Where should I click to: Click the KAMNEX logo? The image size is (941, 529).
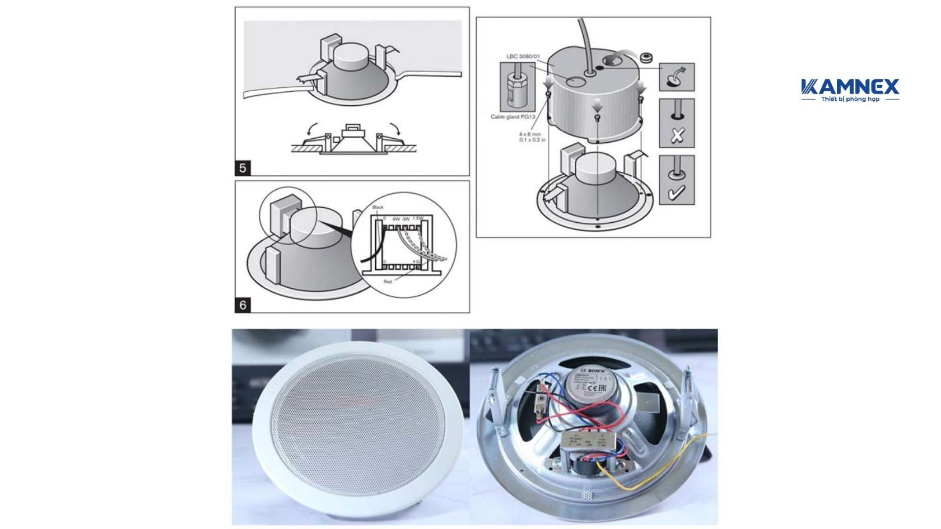point(850,90)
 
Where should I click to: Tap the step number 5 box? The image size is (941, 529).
point(243,168)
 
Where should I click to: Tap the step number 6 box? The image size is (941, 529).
point(243,305)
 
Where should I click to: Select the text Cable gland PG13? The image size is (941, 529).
point(513,116)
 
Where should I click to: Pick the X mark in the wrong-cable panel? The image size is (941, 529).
point(677,135)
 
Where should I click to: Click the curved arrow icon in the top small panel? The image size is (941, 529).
point(677,77)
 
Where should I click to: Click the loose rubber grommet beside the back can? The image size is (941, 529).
point(648,57)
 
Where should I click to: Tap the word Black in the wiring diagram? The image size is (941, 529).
point(378,207)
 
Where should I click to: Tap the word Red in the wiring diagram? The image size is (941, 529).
point(388,282)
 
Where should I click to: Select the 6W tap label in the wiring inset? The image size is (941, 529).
point(396,218)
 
